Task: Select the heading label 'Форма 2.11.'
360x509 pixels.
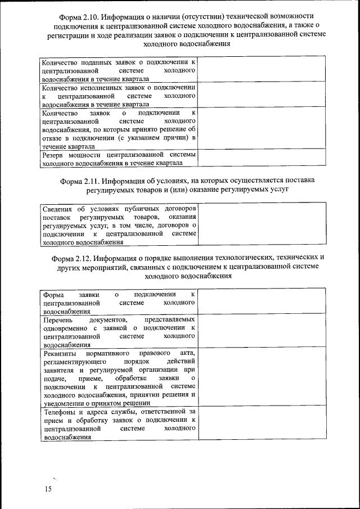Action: pyautogui.click(x=79, y=180)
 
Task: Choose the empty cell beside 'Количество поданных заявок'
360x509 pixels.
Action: pyautogui.click(x=261, y=70)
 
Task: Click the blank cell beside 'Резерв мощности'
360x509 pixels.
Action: pyautogui.click(x=261, y=158)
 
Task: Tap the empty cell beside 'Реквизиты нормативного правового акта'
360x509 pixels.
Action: pyautogui.click(x=261, y=377)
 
